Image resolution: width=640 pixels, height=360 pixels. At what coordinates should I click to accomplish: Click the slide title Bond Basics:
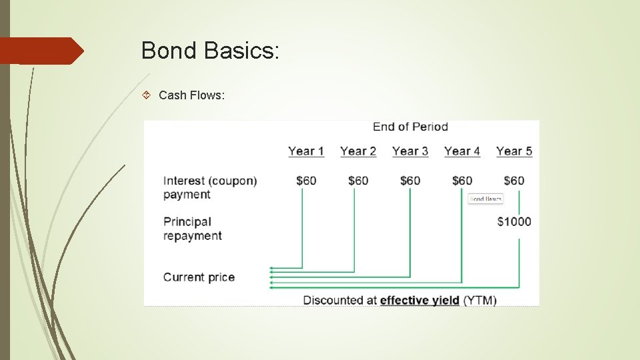[210, 51]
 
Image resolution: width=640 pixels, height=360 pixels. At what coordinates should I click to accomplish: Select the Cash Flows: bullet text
[192, 95]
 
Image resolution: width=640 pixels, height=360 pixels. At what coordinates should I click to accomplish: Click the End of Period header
[410, 127]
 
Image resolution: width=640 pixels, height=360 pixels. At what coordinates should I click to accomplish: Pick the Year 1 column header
[306, 151]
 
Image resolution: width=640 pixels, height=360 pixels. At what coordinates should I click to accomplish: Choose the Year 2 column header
[358, 151]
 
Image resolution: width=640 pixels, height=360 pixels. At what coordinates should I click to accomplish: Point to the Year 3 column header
[410, 151]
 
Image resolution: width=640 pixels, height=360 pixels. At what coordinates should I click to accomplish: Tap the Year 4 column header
[462, 151]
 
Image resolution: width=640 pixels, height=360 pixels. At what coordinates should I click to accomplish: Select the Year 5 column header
[514, 151]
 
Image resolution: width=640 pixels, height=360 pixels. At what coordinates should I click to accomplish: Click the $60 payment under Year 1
[306, 181]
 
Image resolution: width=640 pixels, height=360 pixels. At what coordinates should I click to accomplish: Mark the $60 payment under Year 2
[358, 181]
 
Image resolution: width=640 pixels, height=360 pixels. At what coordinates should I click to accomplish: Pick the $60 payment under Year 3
[410, 181]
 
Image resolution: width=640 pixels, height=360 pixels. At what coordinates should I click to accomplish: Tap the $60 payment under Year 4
[462, 181]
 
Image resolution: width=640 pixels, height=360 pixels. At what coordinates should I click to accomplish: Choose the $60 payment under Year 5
[514, 181]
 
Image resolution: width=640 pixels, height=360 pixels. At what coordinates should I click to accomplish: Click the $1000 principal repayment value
[514, 221]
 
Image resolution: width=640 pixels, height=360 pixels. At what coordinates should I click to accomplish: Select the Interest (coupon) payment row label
[209, 187]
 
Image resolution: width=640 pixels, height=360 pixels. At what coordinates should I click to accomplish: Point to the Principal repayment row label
[192, 229]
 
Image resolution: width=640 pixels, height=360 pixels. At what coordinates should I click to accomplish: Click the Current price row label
[199, 277]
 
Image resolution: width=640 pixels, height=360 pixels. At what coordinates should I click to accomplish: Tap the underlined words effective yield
[419, 301]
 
